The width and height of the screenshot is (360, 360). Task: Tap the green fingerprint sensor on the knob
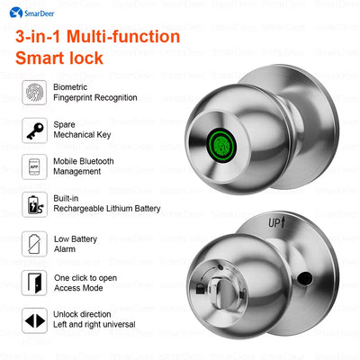221,145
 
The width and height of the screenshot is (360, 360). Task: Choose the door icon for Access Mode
33,282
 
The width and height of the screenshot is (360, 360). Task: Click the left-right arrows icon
33,320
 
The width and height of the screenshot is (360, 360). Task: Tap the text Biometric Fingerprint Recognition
95,91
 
